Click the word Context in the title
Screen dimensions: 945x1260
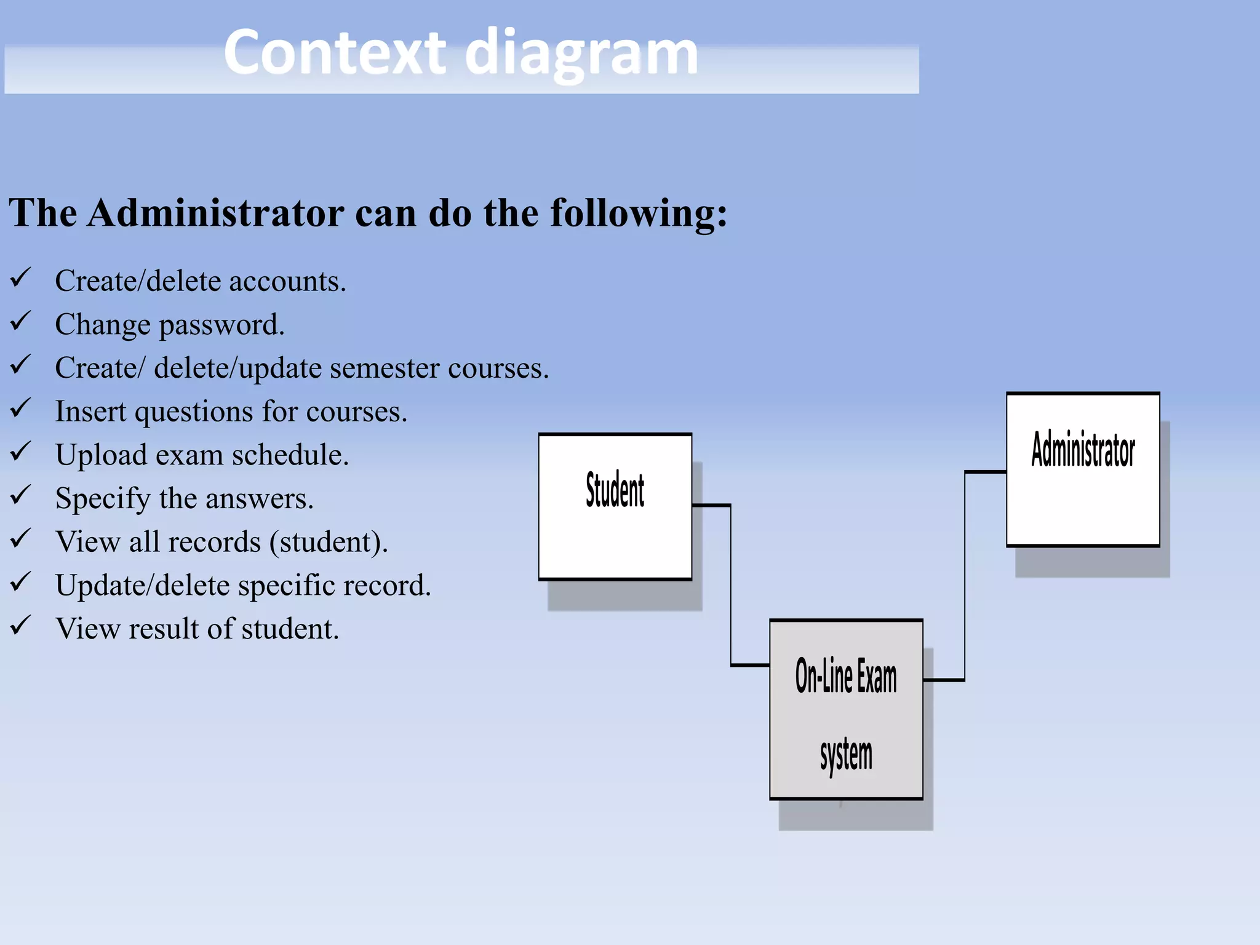[x=334, y=53]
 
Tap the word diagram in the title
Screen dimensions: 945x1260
[x=581, y=54]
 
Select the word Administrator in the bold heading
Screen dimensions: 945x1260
[x=215, y=213]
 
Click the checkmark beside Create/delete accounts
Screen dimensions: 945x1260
[x=20, y=277]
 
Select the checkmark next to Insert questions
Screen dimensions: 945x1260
[x=20, y=408]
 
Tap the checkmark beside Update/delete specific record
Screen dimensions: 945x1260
[x=20, y=581]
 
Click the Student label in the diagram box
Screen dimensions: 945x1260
[x=615, y=490]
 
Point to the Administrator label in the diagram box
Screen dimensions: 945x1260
[x=1083, y=450]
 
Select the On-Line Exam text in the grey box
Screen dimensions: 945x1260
[x=846, y=676]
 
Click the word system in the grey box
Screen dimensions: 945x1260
[x=846, y=755]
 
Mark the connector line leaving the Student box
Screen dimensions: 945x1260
[x=712, y=506]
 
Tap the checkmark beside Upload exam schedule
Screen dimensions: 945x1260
[x=20, y=452]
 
